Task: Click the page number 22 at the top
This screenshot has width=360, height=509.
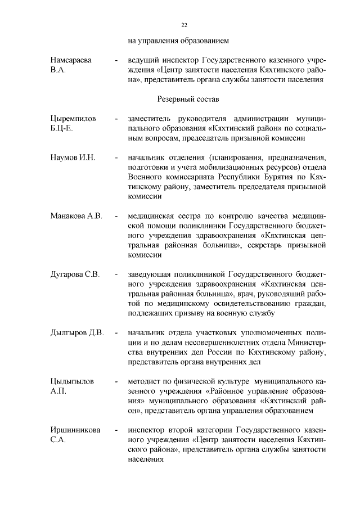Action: coord(184,25)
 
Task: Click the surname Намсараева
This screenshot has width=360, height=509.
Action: coord(71,59)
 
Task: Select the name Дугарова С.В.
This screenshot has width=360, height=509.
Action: coord(75,274)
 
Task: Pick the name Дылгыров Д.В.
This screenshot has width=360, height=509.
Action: coord(77,332)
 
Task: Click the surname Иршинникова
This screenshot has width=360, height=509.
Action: coord(75,430)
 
